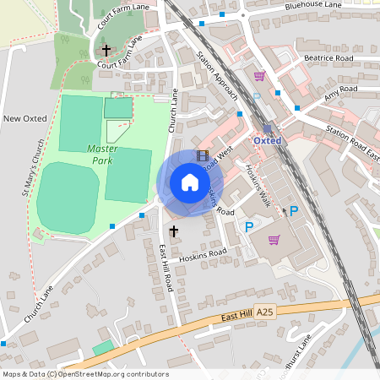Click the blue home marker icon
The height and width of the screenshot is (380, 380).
(x=189, y=182)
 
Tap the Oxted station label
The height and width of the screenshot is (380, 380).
(x=267, y=140)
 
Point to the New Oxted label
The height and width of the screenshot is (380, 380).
(x=24, y=118)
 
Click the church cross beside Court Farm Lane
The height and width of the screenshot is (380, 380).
(x=106, y=51)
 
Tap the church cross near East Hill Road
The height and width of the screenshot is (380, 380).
(x=174, y=231)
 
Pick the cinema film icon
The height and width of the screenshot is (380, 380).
(x=202, y=155)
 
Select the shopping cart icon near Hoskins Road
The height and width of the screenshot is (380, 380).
(x=274, y=240)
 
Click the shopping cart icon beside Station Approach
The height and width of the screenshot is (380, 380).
(x=259, y=76)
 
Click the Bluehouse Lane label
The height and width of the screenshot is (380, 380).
(x=313, y=6)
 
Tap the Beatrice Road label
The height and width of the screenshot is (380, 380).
(x=328, y=59)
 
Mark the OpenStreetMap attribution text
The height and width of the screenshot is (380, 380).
(x=84, y=374)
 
